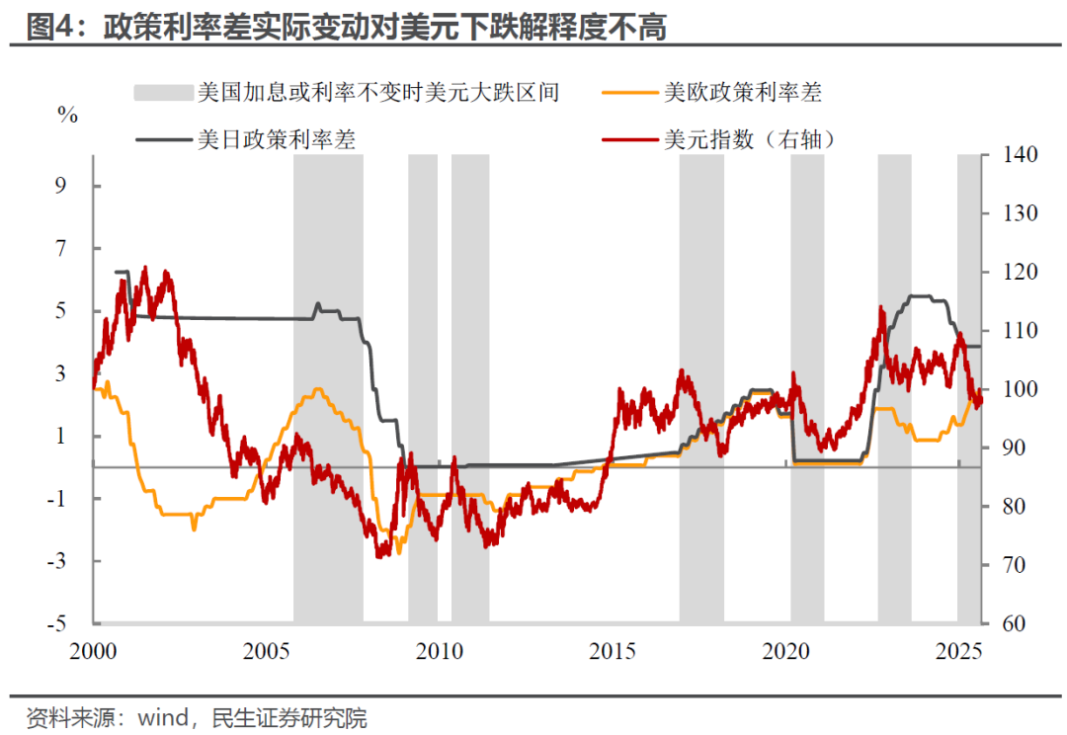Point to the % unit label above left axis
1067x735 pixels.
coord(67,116)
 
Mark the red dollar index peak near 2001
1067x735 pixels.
coord(146,268)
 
